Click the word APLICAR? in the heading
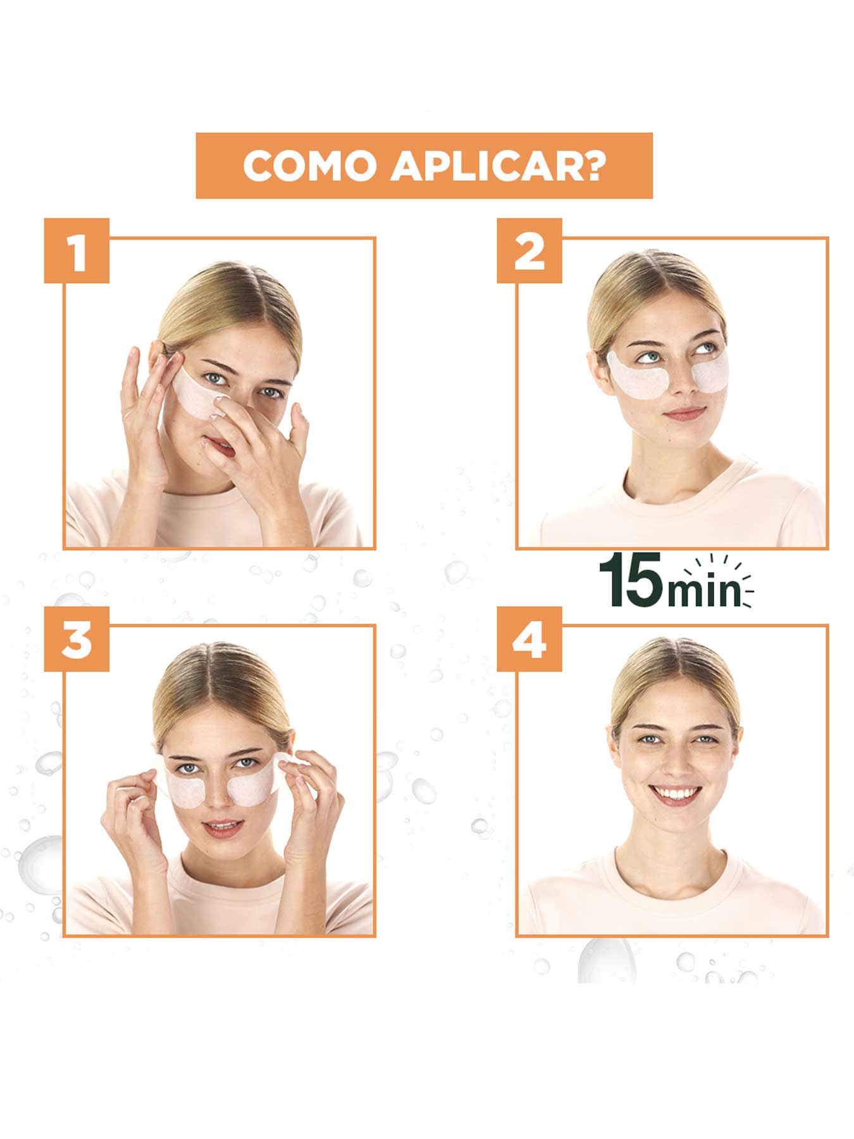(498, 166)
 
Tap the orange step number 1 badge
(77, 251)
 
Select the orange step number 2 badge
(529, 251)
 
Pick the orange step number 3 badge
(77, 640)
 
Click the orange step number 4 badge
(529, 640)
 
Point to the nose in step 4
(675, 762)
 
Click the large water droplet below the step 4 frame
(606, 961)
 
